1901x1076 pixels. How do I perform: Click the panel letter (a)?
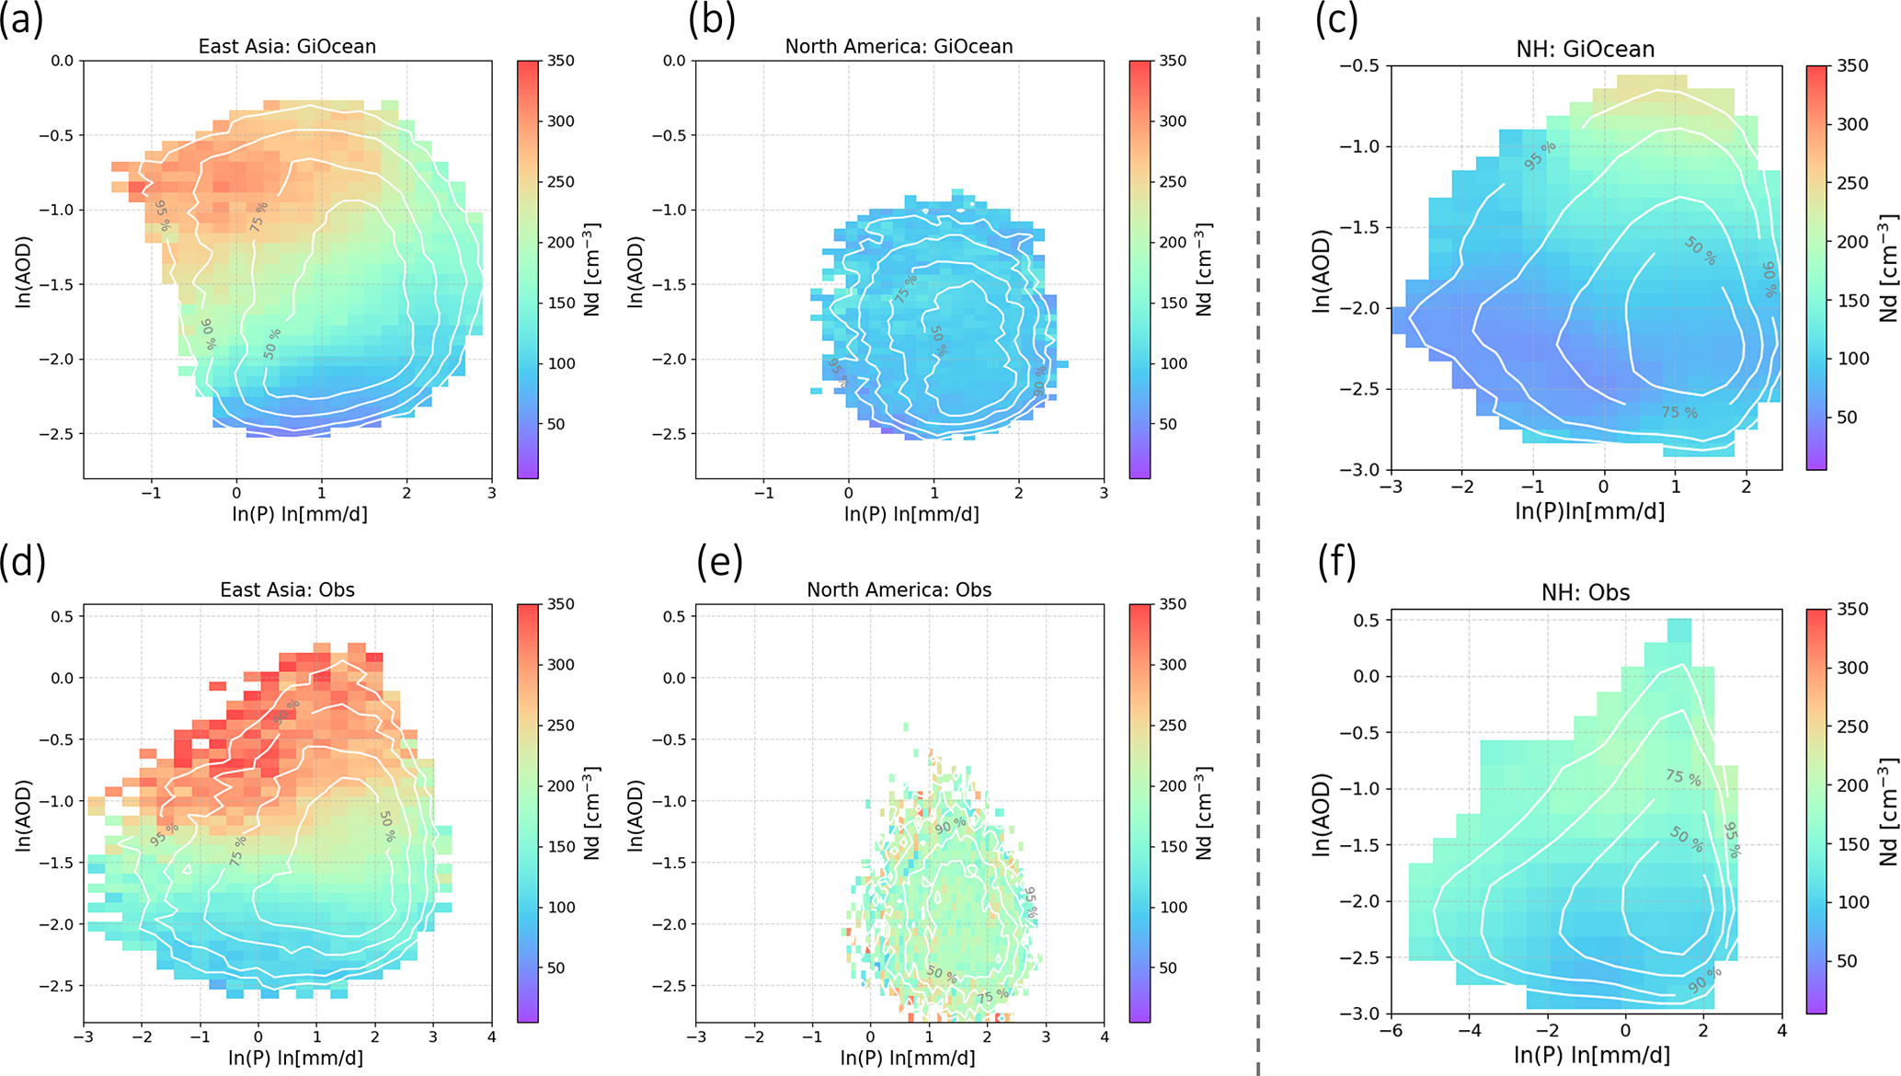point(22,19)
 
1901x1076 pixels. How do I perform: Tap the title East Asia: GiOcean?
point(287,46)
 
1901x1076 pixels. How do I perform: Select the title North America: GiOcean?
point(899,46)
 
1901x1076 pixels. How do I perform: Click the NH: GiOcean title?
point(1585,49)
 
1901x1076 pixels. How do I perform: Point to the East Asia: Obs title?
point(287,590)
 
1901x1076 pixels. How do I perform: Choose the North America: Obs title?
point(899,590)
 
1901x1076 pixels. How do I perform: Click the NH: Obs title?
point(1585,592)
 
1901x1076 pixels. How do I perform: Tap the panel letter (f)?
point(1336,563)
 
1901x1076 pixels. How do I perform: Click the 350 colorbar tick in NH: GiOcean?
point(1852,65)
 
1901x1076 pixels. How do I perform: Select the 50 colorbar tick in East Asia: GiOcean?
point(555,424)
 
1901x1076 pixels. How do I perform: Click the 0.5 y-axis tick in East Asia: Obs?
point(62,616)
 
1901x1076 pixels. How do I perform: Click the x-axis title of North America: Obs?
point(910,1058)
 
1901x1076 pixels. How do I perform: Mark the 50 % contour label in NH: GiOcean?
point(1700,251)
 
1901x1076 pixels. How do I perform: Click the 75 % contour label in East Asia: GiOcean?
point(258,216)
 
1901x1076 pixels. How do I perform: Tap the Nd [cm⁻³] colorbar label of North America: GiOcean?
point(1204,269)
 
